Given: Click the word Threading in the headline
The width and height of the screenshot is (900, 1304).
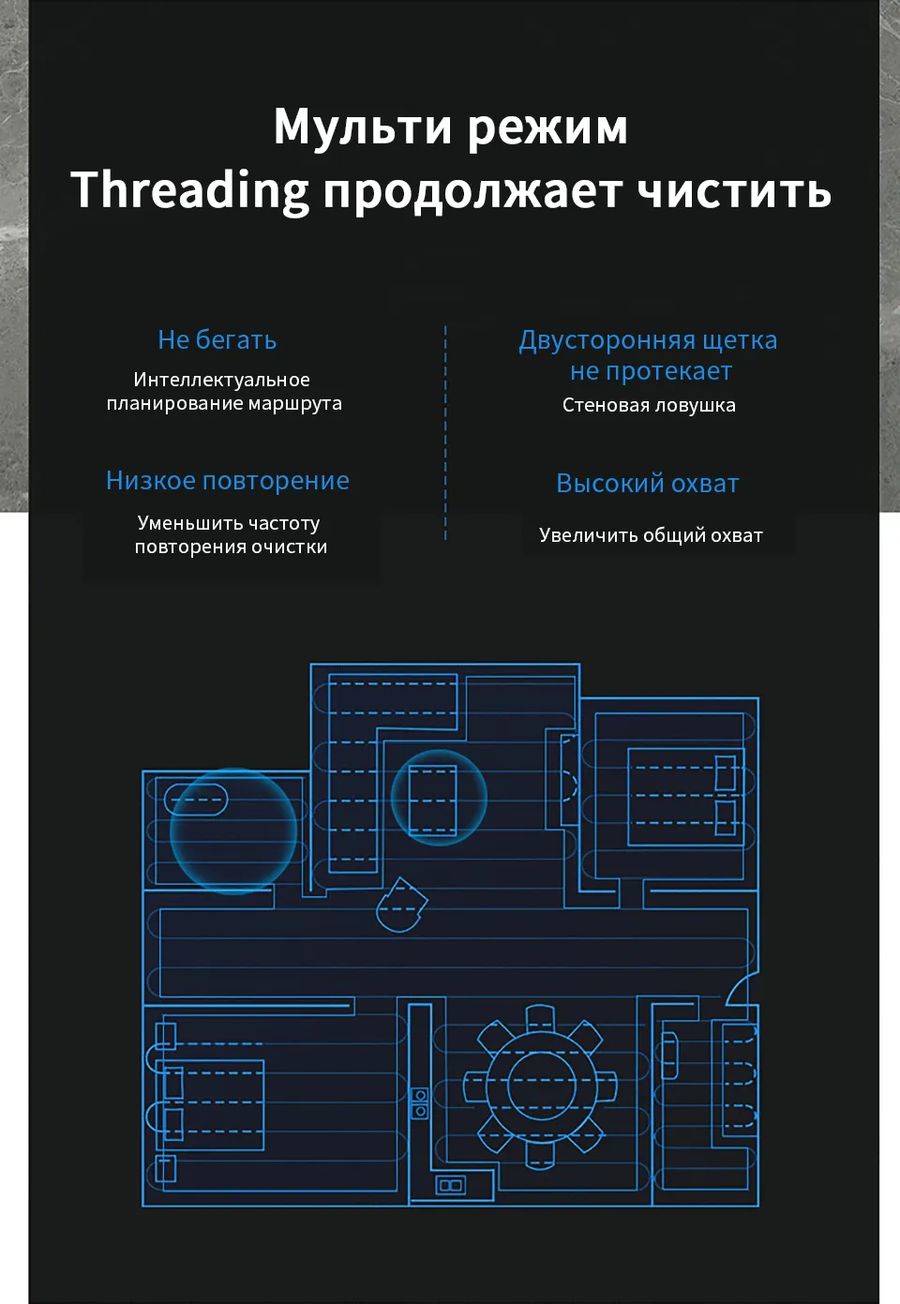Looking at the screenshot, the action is (189, 190).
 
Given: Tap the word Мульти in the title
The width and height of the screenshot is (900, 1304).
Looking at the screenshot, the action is (363, 127).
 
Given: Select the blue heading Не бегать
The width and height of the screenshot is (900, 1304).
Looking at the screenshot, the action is (217, 340).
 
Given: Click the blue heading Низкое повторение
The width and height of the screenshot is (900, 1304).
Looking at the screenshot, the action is (228, 481).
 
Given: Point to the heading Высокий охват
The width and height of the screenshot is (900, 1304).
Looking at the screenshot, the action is (648, 484).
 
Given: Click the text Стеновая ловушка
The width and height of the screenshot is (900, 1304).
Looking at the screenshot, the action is (649, 405).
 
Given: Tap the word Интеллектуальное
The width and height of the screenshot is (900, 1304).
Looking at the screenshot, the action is (222, 381).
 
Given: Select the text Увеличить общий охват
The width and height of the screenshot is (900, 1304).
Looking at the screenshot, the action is (651, 535).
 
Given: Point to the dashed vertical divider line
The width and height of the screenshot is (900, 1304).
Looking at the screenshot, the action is (445, 432).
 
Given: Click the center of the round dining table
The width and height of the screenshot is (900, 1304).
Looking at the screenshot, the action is (541, 1086).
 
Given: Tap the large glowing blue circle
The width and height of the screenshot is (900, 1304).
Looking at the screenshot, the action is (232, 831).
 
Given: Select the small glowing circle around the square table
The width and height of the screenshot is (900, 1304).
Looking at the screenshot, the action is (439, 798).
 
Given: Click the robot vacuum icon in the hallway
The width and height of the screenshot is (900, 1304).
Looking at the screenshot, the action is (401, 906).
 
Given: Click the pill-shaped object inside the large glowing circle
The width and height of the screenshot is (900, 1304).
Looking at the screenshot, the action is (196, 800).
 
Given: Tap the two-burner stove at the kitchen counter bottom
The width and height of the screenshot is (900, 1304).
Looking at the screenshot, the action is (451, 1185).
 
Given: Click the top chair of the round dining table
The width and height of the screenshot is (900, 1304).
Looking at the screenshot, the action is (540, 1017).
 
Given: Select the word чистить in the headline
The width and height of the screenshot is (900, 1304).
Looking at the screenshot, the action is (734, 191).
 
